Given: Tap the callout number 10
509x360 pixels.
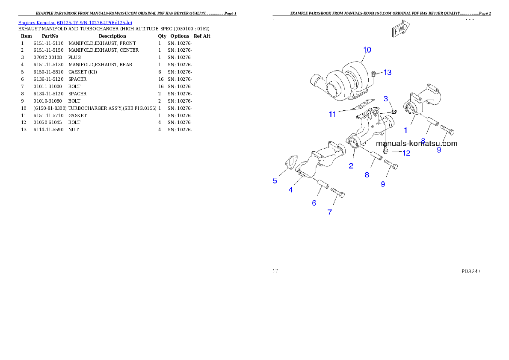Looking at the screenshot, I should [367, 50].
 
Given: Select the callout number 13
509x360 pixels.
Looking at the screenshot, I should [387, 73].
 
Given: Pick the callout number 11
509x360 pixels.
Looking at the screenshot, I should [333, 114].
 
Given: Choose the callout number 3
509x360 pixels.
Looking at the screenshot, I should [386, 99].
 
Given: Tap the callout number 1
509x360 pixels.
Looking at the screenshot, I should [406, 130].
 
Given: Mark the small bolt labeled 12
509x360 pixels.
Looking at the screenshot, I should [385, 150].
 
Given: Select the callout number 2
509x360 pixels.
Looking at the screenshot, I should [351, 166].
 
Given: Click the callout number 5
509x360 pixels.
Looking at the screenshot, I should [275, 180].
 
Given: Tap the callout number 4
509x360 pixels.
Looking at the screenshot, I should [291, 190].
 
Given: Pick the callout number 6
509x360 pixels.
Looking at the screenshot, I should [314, 203].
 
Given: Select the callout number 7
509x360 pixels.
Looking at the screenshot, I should [329, 212].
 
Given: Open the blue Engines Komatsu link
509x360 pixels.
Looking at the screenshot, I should [75, 22].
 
